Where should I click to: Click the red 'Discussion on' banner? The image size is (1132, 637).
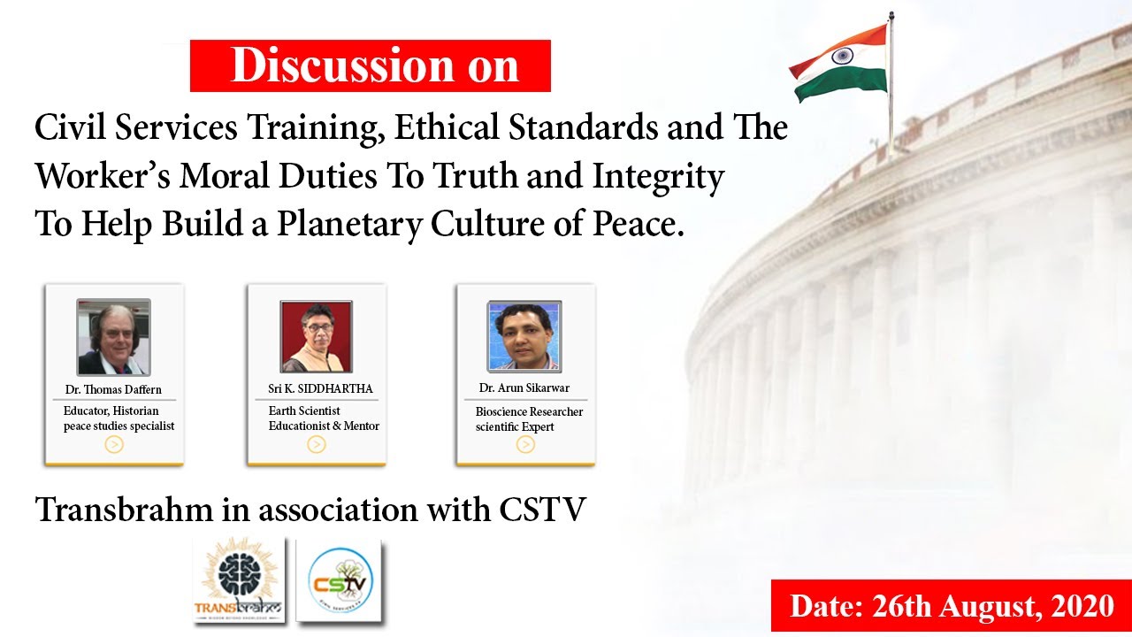(371, 65)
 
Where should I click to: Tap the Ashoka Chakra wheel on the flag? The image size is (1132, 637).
(842, 56)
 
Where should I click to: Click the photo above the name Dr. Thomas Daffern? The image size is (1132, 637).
(114, 337)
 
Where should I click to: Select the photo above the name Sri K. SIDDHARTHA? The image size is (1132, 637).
(317, 337)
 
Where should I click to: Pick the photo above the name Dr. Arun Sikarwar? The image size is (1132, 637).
(524, 337)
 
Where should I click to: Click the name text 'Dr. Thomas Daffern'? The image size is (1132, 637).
(113, 389)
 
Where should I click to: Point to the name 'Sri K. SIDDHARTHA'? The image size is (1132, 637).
(320, 388)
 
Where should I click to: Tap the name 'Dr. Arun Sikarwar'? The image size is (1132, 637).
(524, 388)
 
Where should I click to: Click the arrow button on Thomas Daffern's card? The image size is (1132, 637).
(114, 444)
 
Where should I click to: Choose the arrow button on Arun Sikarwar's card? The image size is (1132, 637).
(525, 444)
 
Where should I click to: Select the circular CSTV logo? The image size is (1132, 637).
(340, 579)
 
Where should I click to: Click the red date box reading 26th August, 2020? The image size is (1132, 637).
(952, 606)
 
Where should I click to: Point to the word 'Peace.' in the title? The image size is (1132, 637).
(639, 224)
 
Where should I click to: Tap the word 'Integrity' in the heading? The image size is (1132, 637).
(658, 176)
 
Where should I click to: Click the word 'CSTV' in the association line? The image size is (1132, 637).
(542, 509)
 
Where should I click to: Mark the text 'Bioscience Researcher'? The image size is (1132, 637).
(529, 411)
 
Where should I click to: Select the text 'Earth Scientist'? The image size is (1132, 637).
(303, 411)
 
